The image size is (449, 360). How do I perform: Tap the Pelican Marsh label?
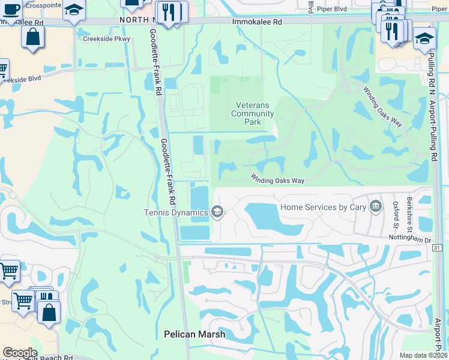[x=195, y=334]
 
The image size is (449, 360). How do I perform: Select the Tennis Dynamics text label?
[x=176, y=212]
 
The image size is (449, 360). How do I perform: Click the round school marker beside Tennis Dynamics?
[x=217, y=211]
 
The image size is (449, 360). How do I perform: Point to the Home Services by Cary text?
[x=323, y=207]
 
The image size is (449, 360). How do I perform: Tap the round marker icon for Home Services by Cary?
[x=376, y=207]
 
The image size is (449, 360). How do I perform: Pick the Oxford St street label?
[x=396, y=214]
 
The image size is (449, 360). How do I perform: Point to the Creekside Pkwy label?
[x=98, y=39]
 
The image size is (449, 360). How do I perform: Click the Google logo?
[x=20, y=353]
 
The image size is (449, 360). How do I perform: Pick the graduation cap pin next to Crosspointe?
[x=74, y=10]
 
